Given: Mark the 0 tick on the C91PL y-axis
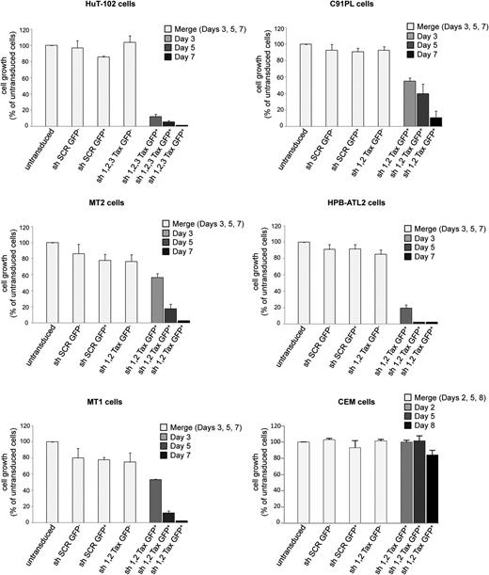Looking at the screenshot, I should point(290,125).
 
